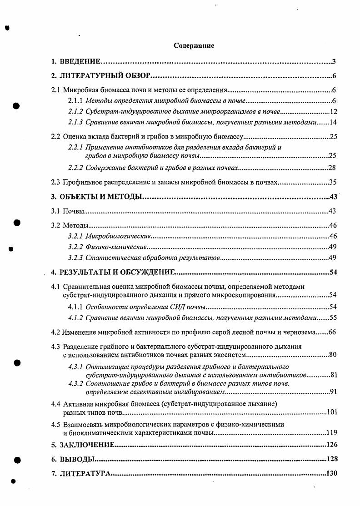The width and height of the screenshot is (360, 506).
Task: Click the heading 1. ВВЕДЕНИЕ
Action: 75,62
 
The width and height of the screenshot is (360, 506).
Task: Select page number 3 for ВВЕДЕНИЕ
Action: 334,62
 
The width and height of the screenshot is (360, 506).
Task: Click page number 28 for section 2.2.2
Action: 332,168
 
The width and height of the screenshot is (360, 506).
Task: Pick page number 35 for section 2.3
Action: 332,183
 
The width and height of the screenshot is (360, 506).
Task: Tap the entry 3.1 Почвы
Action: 68,211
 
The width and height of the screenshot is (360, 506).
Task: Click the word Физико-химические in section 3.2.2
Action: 115,247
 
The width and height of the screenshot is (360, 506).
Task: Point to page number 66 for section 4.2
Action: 332,332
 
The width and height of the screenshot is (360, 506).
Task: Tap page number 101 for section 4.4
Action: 331,412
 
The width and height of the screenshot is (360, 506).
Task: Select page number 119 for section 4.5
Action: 331,433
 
